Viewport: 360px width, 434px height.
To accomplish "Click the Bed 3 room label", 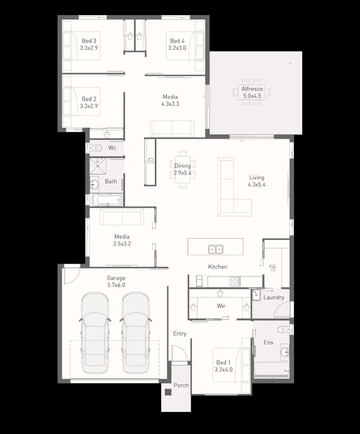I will click(89, 41).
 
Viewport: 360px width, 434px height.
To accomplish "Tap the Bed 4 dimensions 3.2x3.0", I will click(177, 47).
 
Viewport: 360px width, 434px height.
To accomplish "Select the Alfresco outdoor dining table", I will click(251, 93).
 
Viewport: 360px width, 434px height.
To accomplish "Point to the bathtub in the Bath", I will click(107, 199).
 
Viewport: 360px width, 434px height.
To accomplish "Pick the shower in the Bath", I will click(99, 166).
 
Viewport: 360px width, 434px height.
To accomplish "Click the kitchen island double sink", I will click(215, 249).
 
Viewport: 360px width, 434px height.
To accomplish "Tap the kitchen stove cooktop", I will click(235, 281).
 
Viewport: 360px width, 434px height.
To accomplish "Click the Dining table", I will click(183, 169).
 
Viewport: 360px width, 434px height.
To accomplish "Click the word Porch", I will click(181, 385).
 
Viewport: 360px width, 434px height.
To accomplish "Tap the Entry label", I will click(180, 334).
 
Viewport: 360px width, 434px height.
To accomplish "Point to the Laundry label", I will click(274, 297).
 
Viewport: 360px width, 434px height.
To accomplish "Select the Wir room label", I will click(221, 306).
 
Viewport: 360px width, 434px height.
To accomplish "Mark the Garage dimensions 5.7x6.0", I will click(116, 285).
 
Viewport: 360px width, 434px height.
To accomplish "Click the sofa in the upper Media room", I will click(172, 128).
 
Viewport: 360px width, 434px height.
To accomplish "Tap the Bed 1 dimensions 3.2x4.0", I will click(223, 370).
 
